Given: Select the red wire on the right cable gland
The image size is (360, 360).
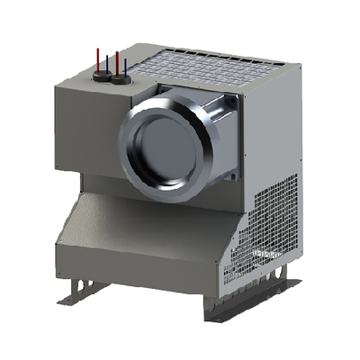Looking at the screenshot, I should coord(117,61).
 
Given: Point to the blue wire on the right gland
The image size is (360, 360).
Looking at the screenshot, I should coord(125,67).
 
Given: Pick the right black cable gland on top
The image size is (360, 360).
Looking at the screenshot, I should coord(120,81).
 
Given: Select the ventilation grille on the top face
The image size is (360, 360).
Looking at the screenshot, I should coord(193,66).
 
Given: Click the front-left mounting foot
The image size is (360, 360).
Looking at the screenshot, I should coord(78,290).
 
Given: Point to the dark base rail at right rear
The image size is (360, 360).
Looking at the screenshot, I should coord(286,283).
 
